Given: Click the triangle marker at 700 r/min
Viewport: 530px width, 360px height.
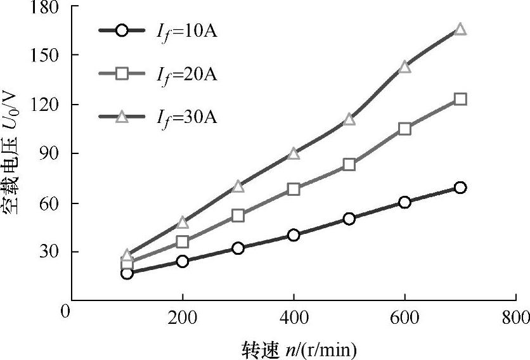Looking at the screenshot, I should pyautogui.click(x=460, y=29).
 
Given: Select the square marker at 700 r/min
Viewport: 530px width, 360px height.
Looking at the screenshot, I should pyautogui.click(x=460, y=99).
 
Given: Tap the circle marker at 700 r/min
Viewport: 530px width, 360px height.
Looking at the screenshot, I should pyautogui.click(x=460, y=188).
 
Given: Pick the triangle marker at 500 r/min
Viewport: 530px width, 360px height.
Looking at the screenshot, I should pyautogui.click(x=349, y=119).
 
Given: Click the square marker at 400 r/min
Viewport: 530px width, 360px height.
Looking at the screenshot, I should pyautogui.click(x=294, y=189).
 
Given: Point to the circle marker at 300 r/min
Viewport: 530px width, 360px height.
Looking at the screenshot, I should pyautogui.click(x=238, y=248).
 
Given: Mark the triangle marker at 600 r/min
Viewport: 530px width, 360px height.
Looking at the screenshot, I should pyautogui.click(x=405, y=67).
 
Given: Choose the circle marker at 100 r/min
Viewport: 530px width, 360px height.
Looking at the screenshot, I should pyautogui.click(x=127, y=273).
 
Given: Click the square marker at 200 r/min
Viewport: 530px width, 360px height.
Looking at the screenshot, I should pyautogui.click(x=183, y=241).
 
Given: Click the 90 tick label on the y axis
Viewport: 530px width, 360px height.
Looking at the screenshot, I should pyautogui.click(x=51, y=153).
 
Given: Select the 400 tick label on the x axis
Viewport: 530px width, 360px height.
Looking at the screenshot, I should pyautogui.click(x=294, y=318).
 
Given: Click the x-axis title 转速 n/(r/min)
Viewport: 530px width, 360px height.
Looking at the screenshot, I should pyautogui.click(x=299, y=349).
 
